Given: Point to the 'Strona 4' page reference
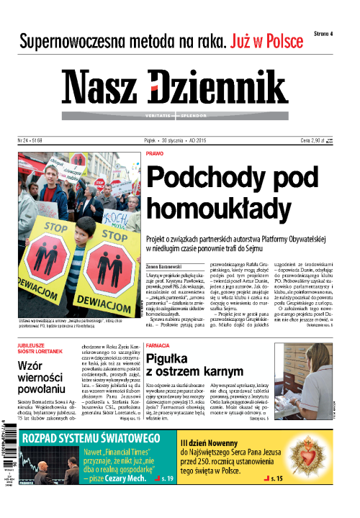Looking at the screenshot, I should [x=328, y=33].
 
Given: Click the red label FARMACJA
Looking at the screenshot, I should [x=158, y=335].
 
